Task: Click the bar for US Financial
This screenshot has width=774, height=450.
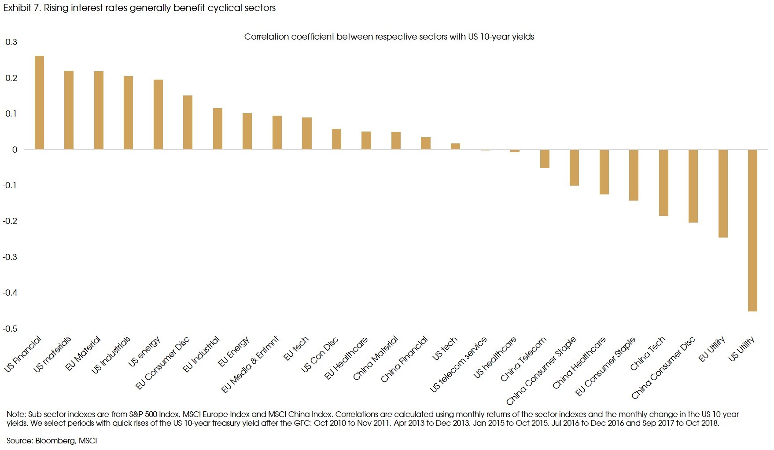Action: tap(39, 102)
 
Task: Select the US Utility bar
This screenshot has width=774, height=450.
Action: tap(752, 230)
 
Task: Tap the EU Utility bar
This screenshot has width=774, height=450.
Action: tap(723, 194)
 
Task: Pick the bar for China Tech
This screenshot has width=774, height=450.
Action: tap(663, 183)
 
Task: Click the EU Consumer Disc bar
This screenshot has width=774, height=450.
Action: tap(188, 122)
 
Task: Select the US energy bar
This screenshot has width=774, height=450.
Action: tap(158, 114)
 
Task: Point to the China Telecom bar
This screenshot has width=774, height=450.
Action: tap(545, 159)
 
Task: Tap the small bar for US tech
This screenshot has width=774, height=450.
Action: tap(455, 146)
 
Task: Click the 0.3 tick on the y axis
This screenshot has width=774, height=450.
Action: tap(11, 42)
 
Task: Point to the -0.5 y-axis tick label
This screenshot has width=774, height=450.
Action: tap(10, 329)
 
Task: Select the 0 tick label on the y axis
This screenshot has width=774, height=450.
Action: tap(15, 150)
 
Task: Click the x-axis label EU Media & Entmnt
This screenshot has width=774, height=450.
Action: tap(250, 365)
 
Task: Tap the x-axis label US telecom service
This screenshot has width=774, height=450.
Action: tap(458, 365)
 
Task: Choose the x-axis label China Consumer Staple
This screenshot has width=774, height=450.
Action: tap(541, 371)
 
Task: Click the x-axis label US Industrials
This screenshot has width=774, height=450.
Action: tap(111, 355)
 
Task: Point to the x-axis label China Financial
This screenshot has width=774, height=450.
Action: tap(404, 359)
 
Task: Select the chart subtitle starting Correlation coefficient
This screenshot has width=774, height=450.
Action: tap(389, 37)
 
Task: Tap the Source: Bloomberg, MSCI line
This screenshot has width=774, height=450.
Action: tap(52, 440)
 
